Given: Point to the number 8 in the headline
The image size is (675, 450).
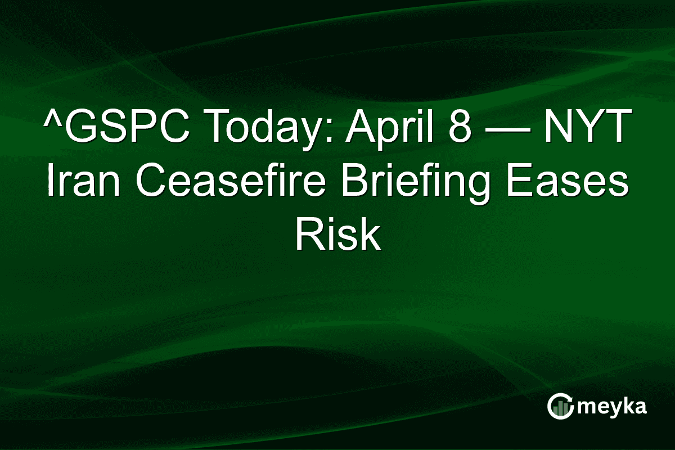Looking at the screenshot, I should pos(460,129).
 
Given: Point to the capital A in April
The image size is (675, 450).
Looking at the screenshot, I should pos(358,129).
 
